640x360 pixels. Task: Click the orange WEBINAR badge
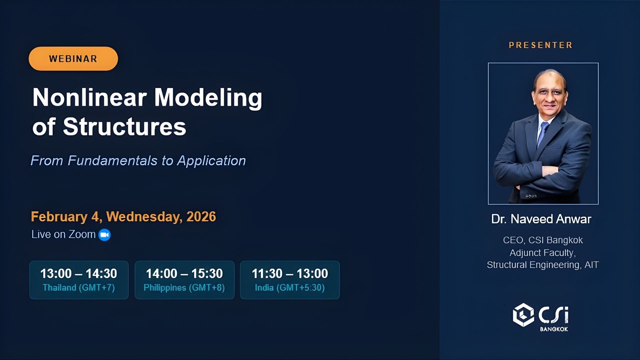click(73, 59)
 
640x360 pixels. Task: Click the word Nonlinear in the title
click(89, 97)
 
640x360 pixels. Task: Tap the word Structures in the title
click(124, 127)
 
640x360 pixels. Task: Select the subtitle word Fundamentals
click(112, 161)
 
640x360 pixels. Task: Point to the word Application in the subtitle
click(211, 161)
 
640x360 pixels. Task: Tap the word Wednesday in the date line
click(144, 217)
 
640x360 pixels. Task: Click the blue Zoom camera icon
click(105, 235)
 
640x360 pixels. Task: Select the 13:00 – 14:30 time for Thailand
click(79, 274)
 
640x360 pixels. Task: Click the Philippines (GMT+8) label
click(184, 288)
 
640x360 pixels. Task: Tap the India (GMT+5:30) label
click(290, 288)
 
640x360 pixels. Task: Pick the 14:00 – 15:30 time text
click(184, 274)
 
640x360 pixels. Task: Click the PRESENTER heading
click(540, 45)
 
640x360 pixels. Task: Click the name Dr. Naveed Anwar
click(541, 219)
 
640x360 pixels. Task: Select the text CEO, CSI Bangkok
click(543, 240)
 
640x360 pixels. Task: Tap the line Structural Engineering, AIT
click(543, 265)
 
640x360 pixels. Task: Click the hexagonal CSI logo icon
click(523, 315)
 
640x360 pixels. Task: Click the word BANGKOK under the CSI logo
click(554, 329)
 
